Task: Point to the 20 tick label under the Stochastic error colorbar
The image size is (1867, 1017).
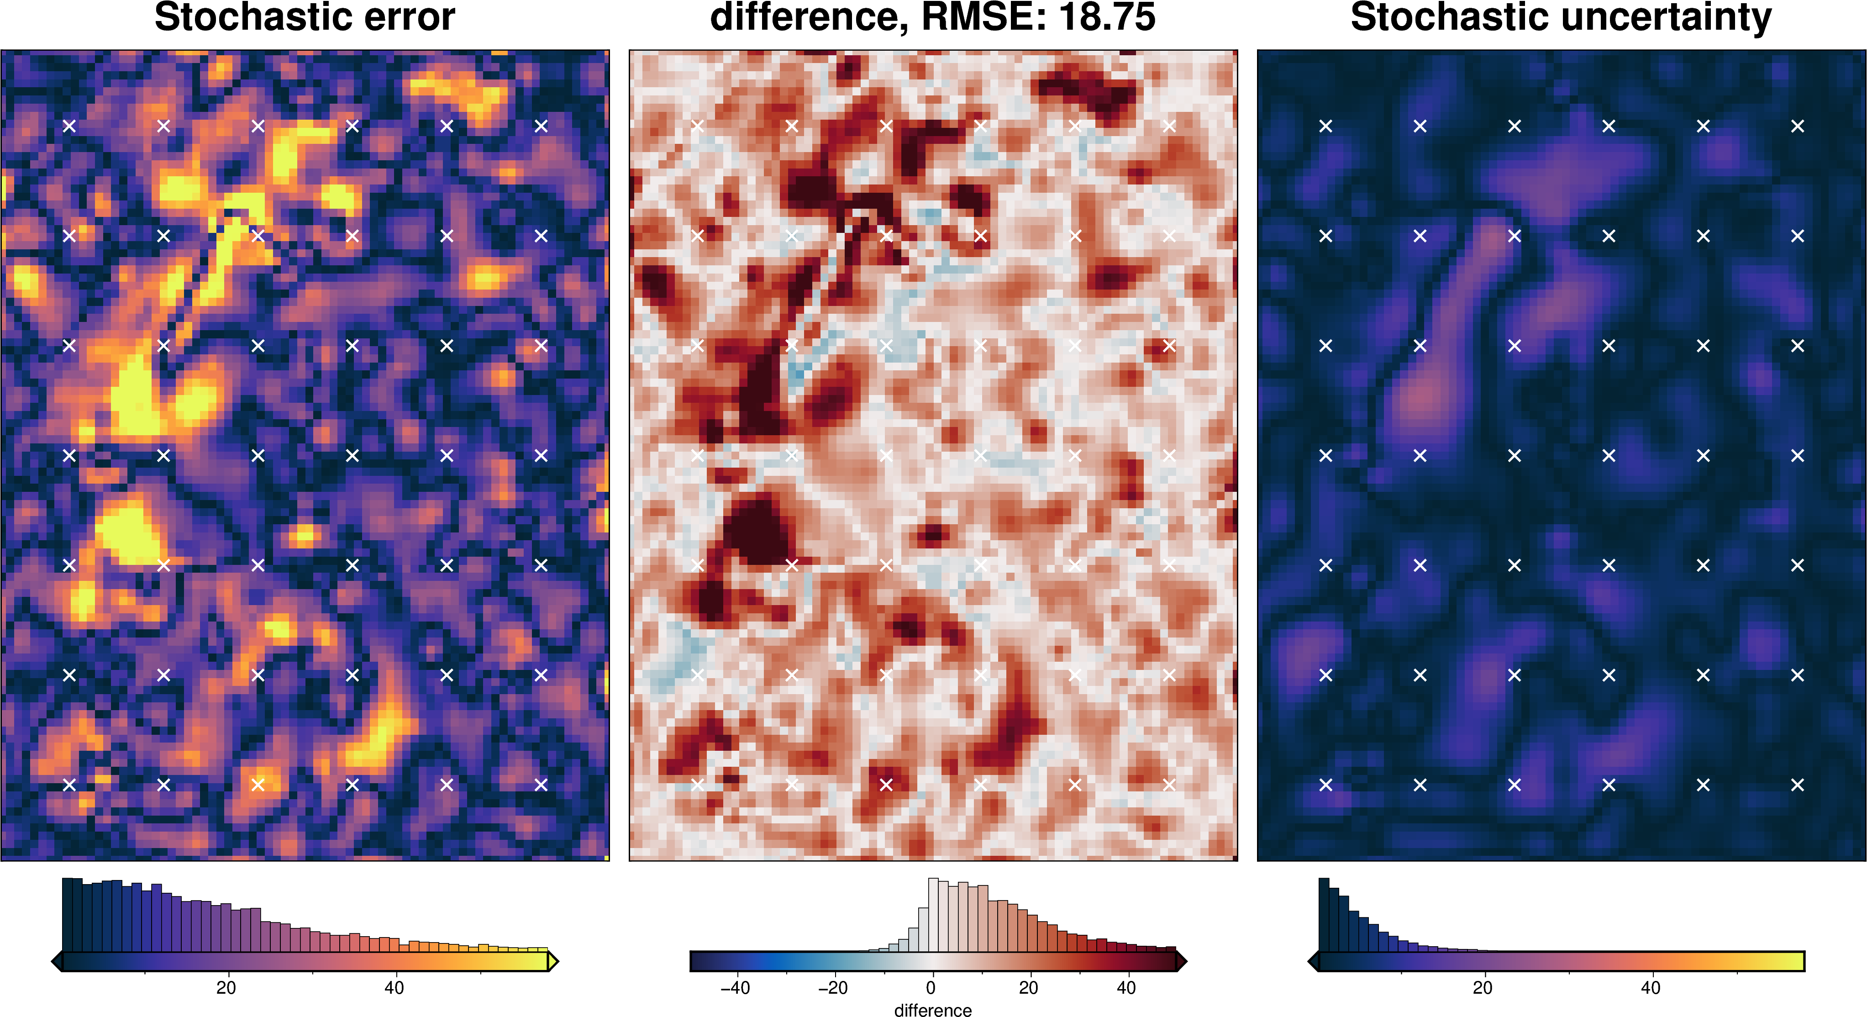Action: click(x=226, y=987)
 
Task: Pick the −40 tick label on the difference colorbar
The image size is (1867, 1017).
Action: click(x=735, y=987)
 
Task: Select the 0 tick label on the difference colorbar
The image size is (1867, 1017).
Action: click(x=931, y=987)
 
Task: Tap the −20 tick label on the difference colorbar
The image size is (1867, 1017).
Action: click(x=833, y=987)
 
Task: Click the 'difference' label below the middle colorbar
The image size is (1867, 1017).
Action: click(x=933, y=1010)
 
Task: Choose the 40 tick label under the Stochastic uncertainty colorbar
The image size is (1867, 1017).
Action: click(x=1650, y=987)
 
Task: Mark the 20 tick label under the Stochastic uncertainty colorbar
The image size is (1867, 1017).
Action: click(x=1483, y=987)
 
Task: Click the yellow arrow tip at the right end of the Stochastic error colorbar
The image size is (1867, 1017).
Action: click(x=553, y=961)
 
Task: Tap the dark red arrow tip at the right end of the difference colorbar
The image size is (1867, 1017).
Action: click(x=1181, y=961)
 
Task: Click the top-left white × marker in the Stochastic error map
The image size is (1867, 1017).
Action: click(x=69, y=126)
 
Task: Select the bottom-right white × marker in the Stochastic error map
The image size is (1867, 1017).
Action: click(x=541, y=784)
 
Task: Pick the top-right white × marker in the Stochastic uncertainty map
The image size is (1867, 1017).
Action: click(x=1798, y=126)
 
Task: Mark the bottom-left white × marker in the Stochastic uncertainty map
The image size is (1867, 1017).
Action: click(x=1325, y=784)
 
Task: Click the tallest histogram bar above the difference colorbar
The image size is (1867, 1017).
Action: click(x=933, y=915)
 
